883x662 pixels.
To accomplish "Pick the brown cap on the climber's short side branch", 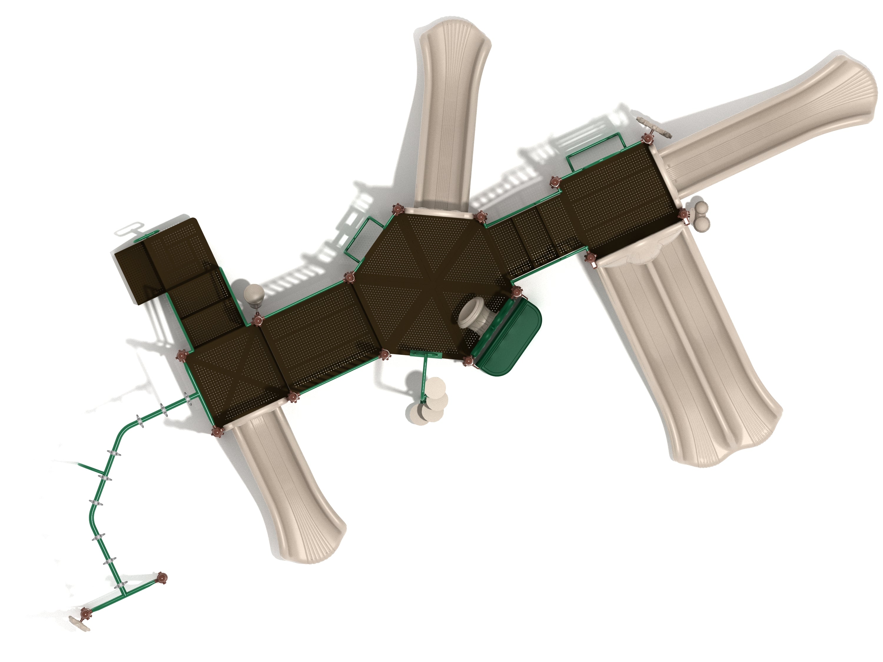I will point(162,578).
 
